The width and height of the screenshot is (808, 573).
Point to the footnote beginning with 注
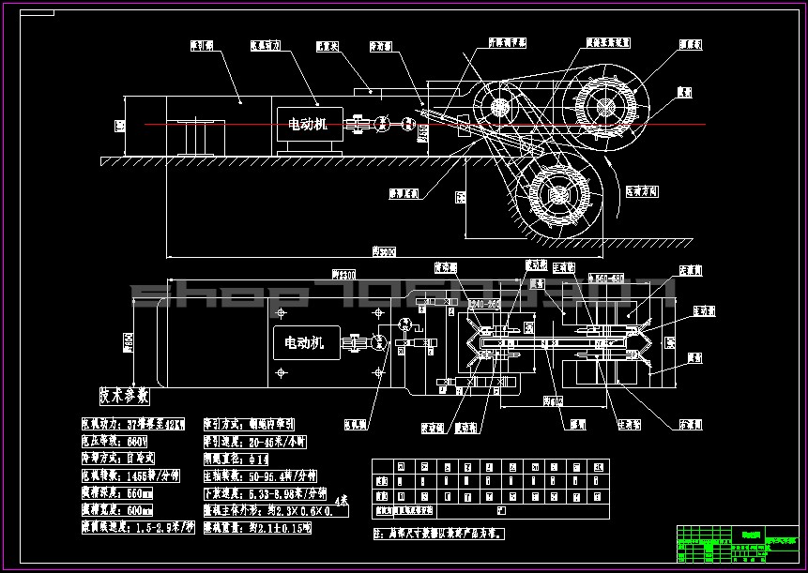[439, 532]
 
